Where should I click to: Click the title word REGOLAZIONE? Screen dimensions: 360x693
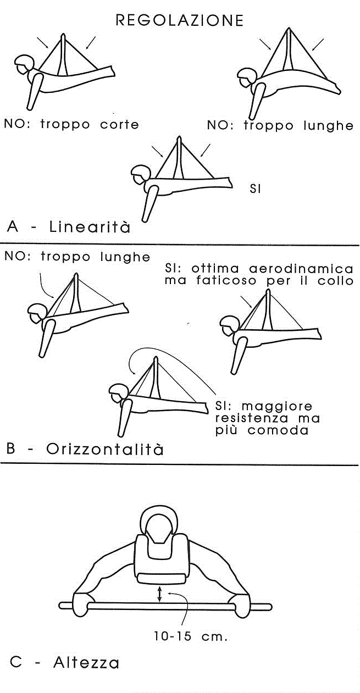(x=180, y=20)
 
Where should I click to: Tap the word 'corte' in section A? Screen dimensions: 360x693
(x=120, y=125)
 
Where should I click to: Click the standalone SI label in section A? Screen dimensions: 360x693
(x=255, y=189)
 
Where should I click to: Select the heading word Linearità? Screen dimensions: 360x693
(x=90, y=226)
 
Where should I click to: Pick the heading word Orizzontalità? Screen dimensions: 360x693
(x=105, y=448)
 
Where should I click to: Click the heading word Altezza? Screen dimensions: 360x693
(x=86, y=663)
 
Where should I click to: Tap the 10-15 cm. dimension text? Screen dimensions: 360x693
(x=191, y=636)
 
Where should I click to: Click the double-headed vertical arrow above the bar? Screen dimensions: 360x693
(x=159, y=594)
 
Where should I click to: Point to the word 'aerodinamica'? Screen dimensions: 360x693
(x=301, y=268)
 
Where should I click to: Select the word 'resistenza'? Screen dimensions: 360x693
(x=252, y=418)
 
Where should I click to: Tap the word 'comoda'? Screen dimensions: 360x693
(x=278, y=430)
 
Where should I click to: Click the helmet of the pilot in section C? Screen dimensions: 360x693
(x=159, y=522)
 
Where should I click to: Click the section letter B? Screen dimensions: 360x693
(x=11, y=448)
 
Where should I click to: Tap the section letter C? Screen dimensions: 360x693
(x=15, y=663)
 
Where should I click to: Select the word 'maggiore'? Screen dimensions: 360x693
(x=277, y=407)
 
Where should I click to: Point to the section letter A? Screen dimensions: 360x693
(x=13, y=226)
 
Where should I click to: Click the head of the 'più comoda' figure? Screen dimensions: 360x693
(x=119, y=393)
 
